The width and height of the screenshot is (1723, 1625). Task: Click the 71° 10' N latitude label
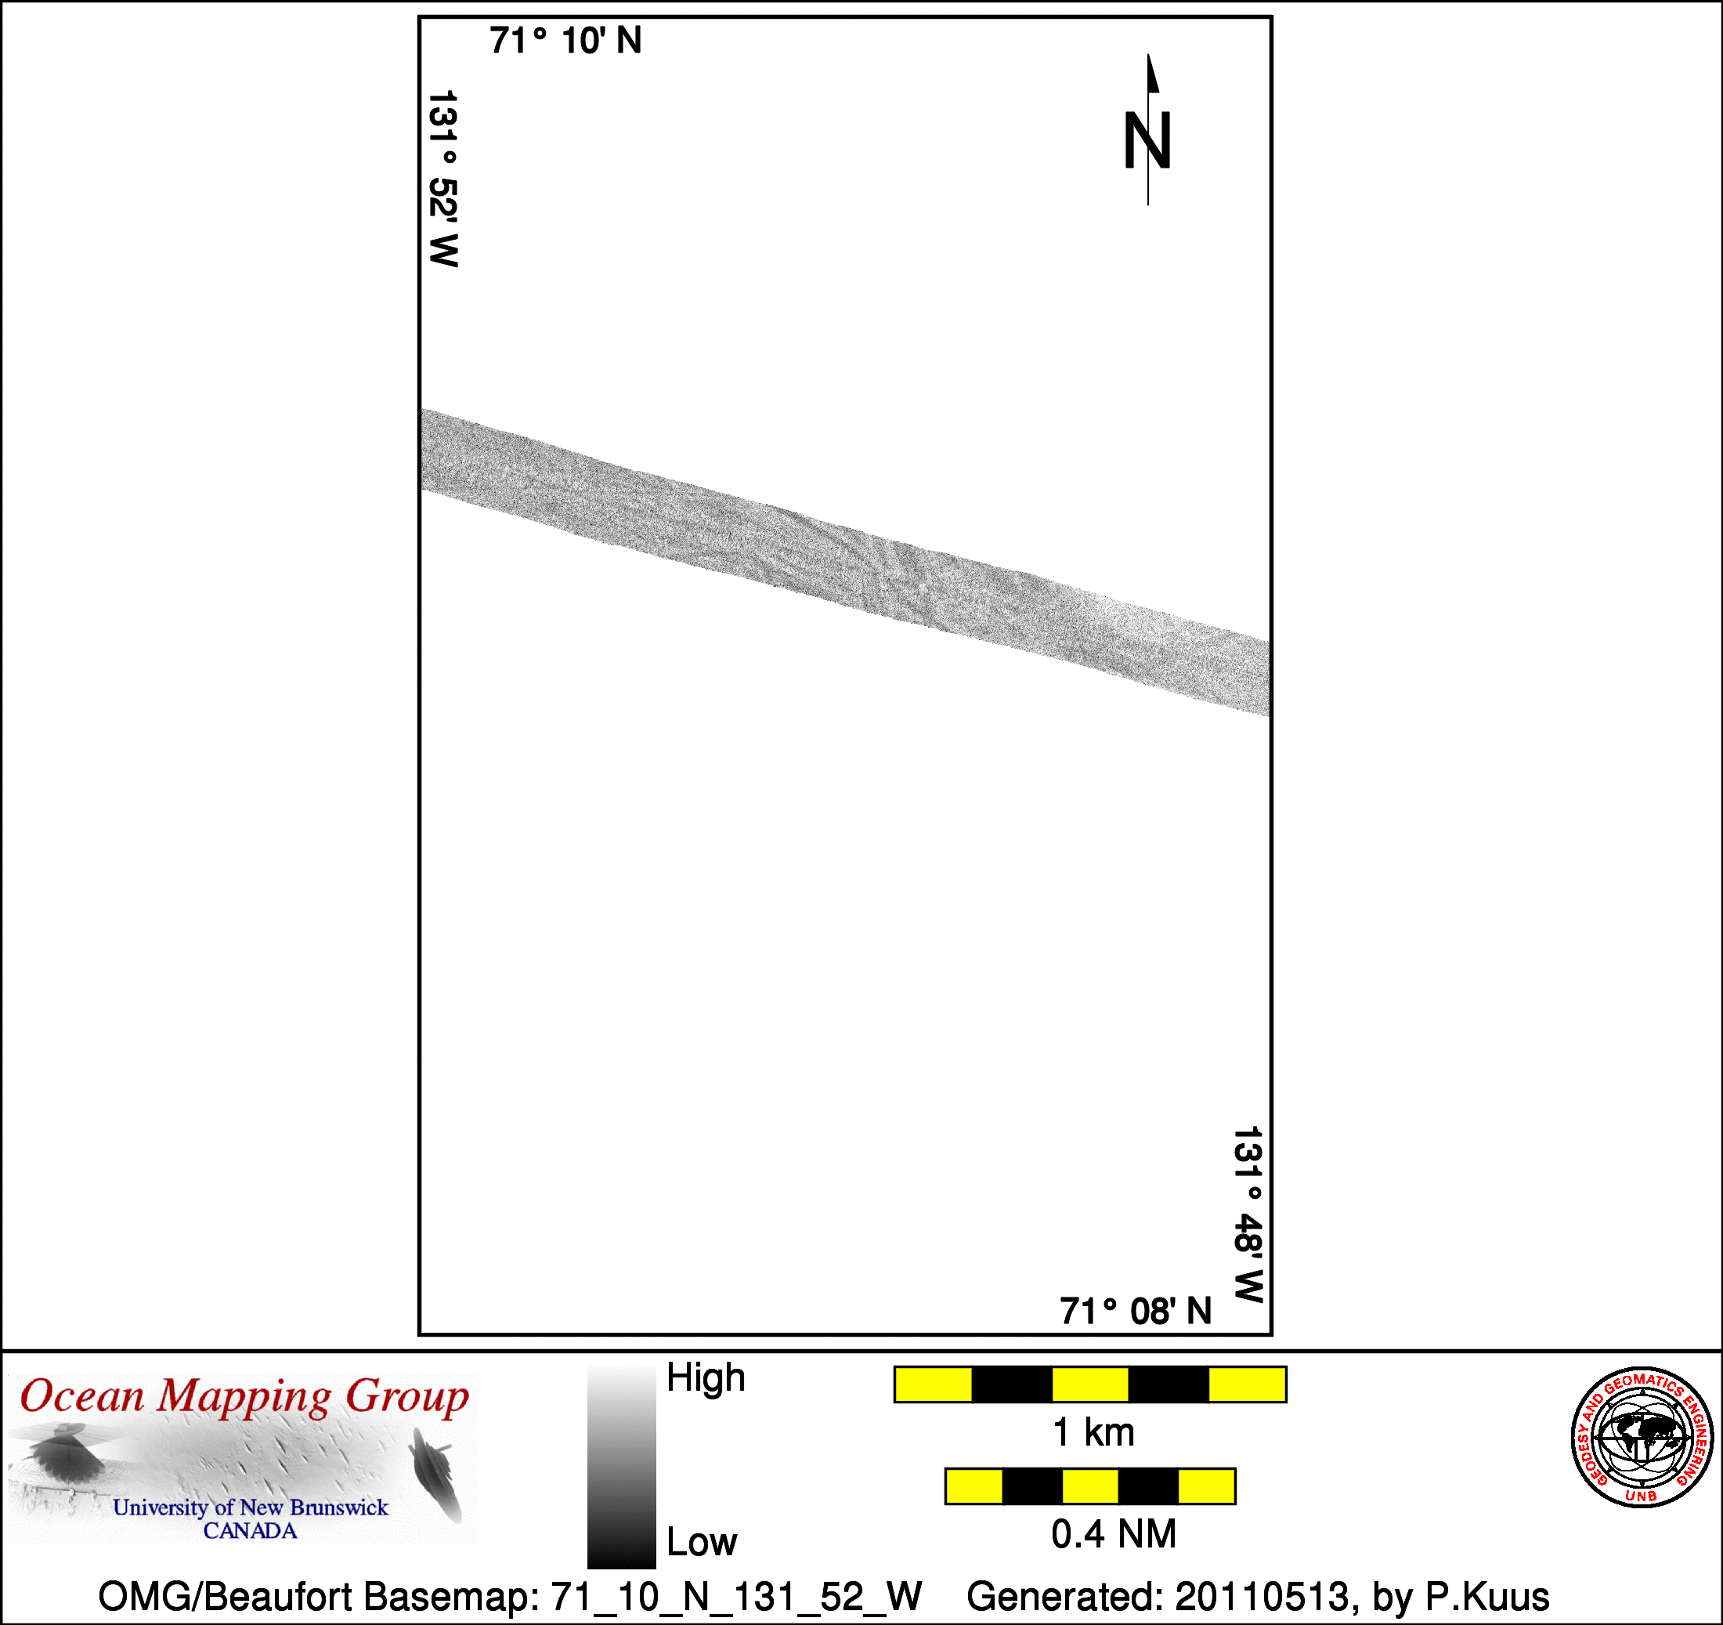pyautogui.click(x=565, y=41)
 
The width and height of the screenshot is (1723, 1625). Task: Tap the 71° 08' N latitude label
pyautogui.click(x=1136, y=1311)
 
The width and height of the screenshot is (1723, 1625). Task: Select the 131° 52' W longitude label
pyautogui.click(x=442, y=179)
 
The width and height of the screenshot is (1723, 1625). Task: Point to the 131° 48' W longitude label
pyautogui.click(x=1248, y=1214)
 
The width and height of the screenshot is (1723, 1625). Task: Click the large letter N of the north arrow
pyautogui.click(x=1147, y=140)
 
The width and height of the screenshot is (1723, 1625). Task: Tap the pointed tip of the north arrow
pyautogui.click(x=1148, y=54)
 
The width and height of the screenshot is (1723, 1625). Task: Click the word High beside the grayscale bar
pyautogui.click(x=706, y=1378)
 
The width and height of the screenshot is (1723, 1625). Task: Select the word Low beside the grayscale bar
pyautogui.click(x=701, y=1542)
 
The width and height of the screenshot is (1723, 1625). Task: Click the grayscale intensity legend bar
pyautogui.click(x=621, y=1466)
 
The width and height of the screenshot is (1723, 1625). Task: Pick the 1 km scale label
pyautogui.click(x=1093, y=1432)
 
